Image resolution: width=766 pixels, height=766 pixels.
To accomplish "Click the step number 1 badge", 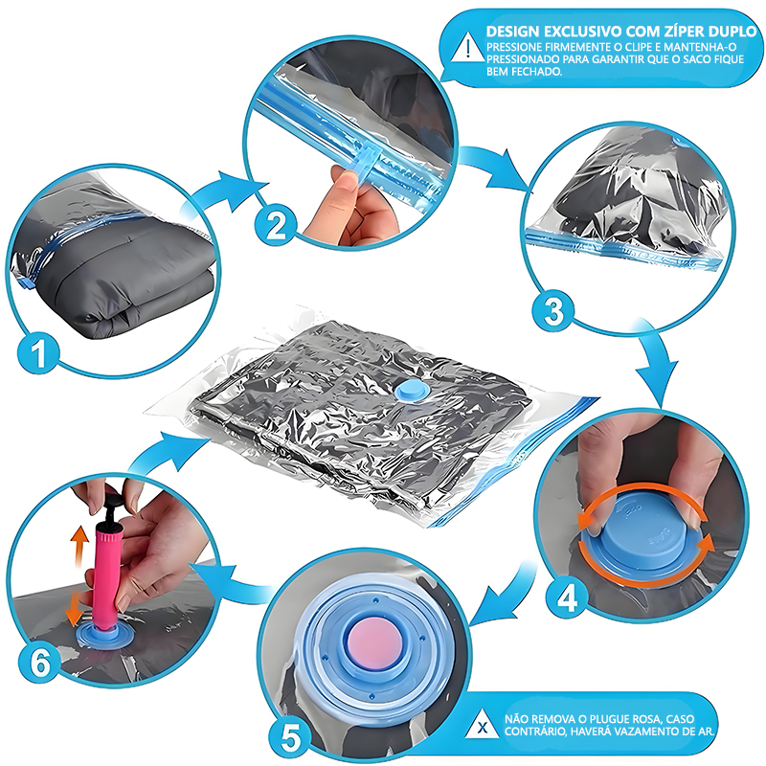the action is [38, 352].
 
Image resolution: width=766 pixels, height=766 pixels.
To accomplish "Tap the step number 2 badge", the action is [276, 226].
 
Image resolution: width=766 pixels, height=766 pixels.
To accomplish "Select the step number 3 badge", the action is [553, 311].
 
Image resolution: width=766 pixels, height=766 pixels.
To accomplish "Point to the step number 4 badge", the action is [567, 597].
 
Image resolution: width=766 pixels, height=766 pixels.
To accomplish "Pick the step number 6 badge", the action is [40, 664].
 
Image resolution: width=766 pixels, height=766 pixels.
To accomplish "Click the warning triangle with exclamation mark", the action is [468, 47].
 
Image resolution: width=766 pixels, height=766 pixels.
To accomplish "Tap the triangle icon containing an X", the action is [483, 724].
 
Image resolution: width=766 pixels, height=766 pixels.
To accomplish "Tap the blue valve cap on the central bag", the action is [412, 390].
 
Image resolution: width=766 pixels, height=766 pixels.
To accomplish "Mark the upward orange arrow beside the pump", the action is [79, 546].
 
